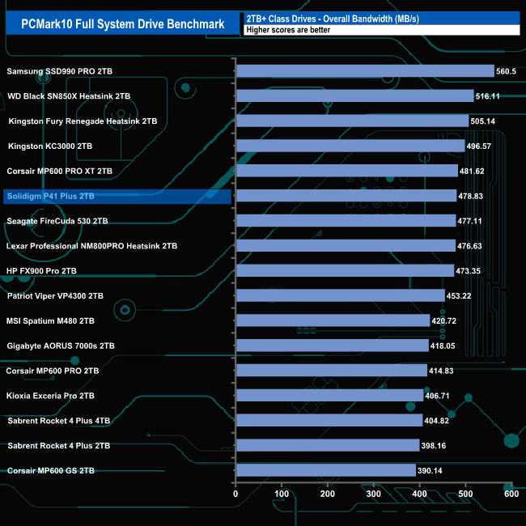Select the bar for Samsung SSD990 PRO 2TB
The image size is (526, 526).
[364, 71]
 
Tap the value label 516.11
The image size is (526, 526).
[490, 96]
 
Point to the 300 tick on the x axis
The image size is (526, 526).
[374, 494]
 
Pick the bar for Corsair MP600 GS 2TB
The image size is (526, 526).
[325, 470]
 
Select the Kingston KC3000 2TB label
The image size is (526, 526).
[50, 146]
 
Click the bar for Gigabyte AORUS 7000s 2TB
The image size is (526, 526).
[331, 346]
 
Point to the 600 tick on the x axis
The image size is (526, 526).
[511, 494]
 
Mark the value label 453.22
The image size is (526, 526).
[460, 295]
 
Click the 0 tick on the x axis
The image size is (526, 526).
[236, 494]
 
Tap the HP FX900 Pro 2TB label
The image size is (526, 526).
[42, 271]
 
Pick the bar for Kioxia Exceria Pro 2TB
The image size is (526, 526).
[329, 396]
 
